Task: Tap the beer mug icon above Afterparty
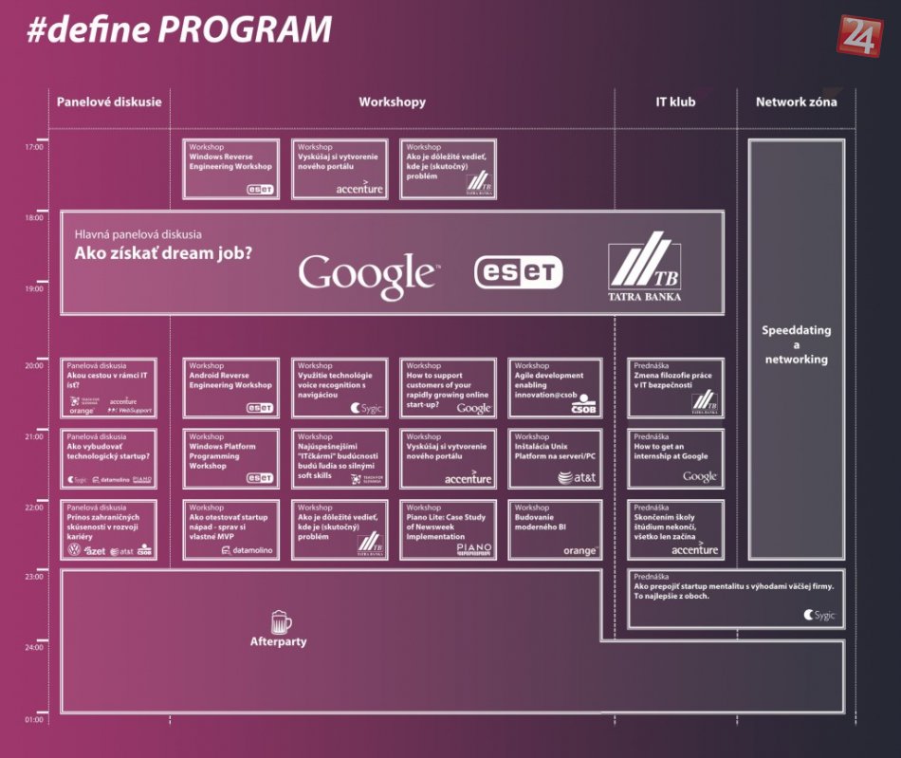(x=280, y=622)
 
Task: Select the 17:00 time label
(x=34, y=147)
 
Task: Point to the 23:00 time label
(x=34, y=576)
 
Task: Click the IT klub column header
(x=674, y=102)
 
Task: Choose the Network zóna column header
(x=796, y=102)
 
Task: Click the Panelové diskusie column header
(x=109, y=102)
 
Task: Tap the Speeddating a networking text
(x=796, y=344)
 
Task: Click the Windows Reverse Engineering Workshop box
(x=231, y=169)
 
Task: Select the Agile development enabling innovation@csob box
(x=555, y=387)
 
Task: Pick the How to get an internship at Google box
(x=675, y=458)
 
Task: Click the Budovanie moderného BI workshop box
(x=555, y=529)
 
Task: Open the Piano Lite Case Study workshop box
(x=447, y=529)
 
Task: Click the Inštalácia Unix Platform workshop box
(x=555, y=458)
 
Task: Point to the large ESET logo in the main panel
(x=518, y=272)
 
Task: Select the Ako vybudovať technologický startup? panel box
(x=108, y=458)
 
